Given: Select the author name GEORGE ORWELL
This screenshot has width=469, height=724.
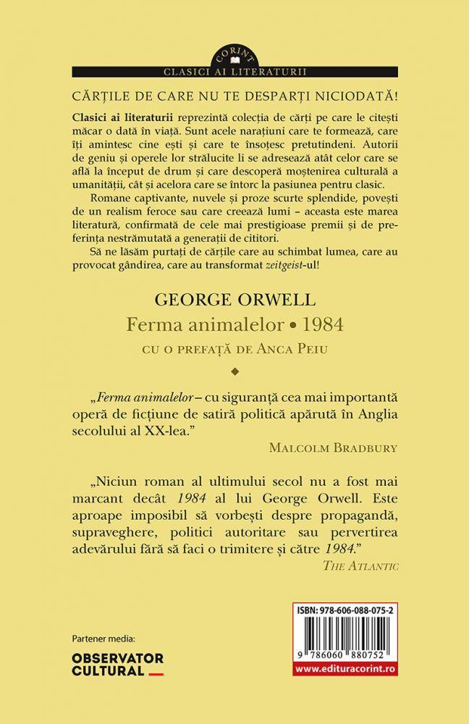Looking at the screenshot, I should coord(234,300).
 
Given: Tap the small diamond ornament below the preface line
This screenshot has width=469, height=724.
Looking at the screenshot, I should coord(234,373).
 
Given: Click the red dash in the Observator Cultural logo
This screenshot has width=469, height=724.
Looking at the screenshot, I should coord(156,673).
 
